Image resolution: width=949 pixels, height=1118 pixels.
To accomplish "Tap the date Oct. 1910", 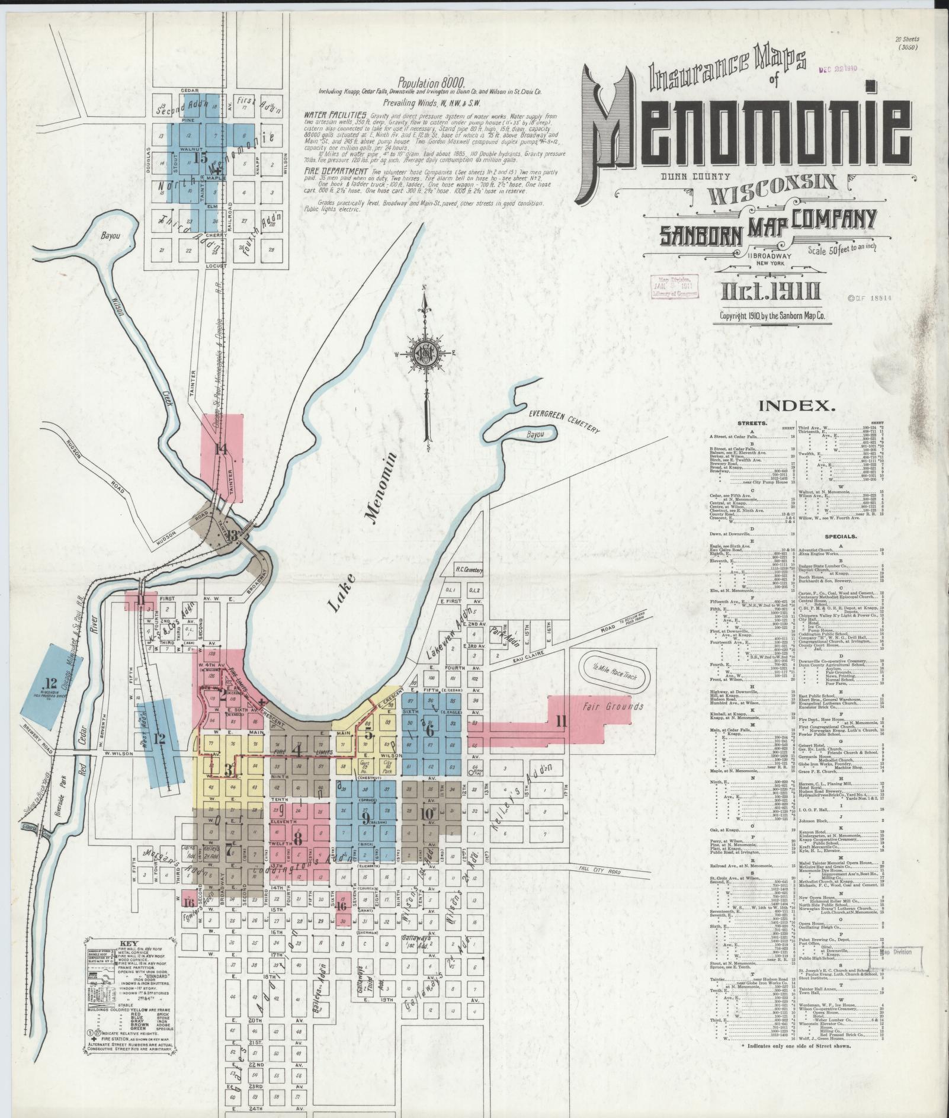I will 771,292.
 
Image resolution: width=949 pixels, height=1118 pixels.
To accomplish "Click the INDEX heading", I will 797,406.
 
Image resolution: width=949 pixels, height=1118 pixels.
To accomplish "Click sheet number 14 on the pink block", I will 222,449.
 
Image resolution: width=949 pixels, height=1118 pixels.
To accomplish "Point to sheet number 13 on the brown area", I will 232,535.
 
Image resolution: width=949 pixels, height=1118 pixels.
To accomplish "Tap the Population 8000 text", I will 431,82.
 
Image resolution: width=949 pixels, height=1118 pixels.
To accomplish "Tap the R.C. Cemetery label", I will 469,570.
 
